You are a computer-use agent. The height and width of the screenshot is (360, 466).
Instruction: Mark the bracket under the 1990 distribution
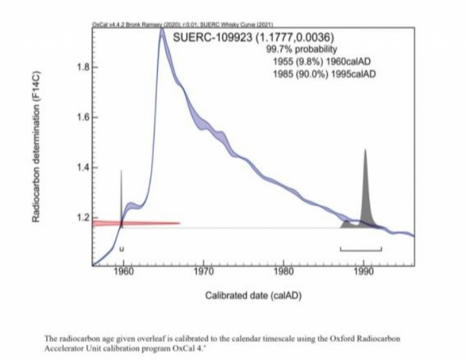(361, 250)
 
